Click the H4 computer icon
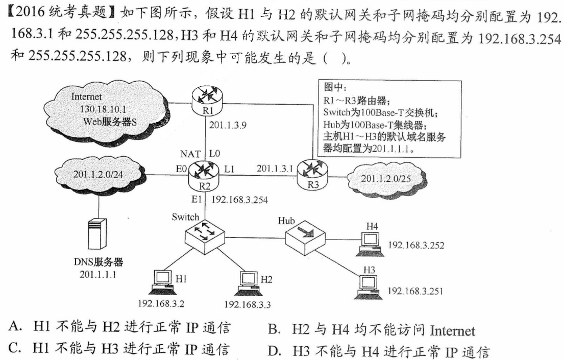(x=370, y=242)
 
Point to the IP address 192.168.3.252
(x=416, y=245)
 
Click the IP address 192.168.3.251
(x=415, y=291)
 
